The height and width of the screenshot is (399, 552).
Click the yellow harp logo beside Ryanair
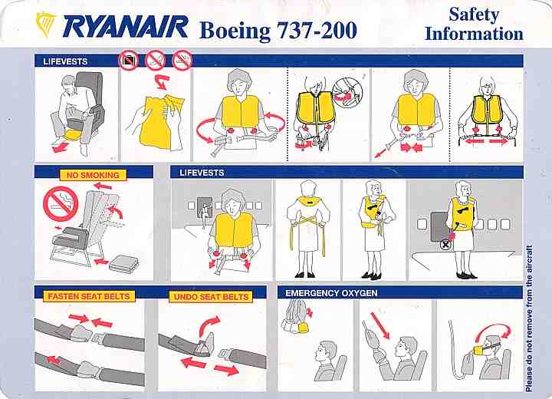(46, 24)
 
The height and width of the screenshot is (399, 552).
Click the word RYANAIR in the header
(125, 27)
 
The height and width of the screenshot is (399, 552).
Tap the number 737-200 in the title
(317, 30)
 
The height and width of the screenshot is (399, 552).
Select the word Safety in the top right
(474, 15)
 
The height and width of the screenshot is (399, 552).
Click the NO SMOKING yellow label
(93, 175)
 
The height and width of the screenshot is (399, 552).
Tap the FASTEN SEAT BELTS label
(89, 296)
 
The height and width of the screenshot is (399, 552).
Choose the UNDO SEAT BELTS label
(212, 297)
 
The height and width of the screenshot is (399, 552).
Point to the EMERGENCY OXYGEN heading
(331, 293)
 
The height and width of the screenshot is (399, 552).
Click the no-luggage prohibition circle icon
(129, 61)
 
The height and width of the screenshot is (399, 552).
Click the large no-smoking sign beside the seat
(61, 204)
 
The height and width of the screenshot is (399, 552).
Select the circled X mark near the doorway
(445, 244)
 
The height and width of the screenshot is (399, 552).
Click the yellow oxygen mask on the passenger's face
(479, 350)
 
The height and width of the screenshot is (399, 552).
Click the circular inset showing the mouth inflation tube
(347, 93)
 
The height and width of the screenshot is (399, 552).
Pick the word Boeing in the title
(235, 31)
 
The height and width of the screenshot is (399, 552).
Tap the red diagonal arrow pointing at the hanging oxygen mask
(380, 326)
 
